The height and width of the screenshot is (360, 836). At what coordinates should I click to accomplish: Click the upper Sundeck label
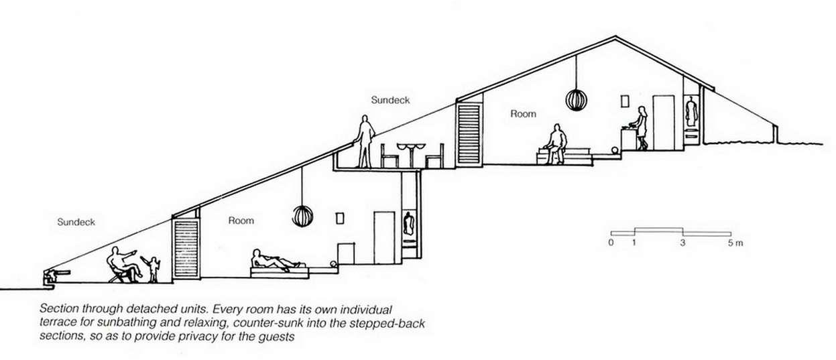tap(390, 100)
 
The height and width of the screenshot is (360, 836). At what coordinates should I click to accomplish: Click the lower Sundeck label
tap(76, 221)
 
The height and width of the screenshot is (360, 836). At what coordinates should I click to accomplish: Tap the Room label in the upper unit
tap(524, 114)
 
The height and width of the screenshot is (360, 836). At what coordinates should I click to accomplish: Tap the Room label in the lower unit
tap(241, 220)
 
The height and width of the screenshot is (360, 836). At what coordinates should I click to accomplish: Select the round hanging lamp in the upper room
tap(576, 100)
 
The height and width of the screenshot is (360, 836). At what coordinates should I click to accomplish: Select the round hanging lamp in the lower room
tap(303, 216)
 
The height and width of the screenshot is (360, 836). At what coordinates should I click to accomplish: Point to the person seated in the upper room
tap(554, 143)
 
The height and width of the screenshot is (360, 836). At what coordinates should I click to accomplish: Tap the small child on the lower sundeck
tap(154, 268)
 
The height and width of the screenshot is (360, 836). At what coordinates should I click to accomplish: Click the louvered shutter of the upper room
tap(469, 134)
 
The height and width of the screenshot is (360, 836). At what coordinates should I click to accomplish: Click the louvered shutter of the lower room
tap(186, 248)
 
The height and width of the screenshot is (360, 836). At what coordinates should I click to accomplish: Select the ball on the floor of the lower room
tap(333, 265)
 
